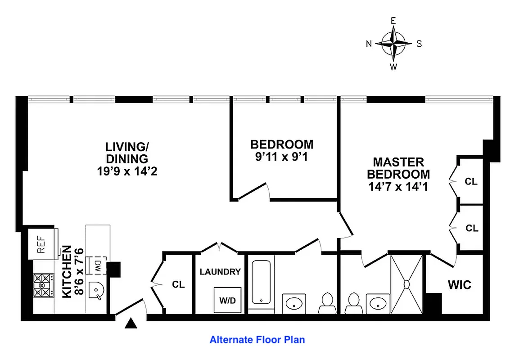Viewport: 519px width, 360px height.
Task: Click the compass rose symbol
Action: [x=393, y=44]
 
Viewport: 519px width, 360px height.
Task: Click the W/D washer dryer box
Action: [x=227, y=299]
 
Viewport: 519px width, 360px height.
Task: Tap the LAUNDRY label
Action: [x=220, y=272]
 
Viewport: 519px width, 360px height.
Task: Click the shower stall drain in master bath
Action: [x=406, y=284]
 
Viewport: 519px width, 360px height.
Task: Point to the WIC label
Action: [x=459, y=285]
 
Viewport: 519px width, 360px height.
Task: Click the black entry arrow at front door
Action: [x=131, y=323]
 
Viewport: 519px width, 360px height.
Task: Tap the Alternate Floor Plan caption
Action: [x=257, y=340]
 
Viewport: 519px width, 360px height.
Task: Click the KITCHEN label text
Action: [x=66, y=271]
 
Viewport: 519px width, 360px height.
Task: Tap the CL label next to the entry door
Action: [x=178, y=285]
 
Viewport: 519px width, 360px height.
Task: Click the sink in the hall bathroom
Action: [x=294, y=303]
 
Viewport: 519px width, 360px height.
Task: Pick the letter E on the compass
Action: [x=393, y=21]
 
